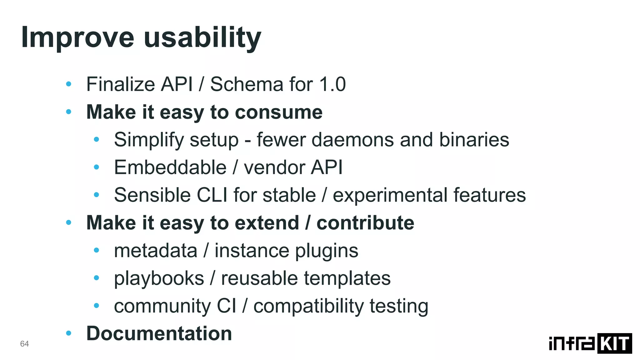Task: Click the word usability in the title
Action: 202,38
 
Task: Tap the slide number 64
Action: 24,344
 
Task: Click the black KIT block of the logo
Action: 614,343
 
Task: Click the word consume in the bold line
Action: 278,112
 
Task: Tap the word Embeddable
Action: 170,167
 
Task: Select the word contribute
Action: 365,223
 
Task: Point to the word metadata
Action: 156,251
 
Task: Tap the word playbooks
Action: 159,278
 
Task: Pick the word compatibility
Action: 308,306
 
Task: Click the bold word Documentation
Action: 159,333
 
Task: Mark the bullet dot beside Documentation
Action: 69,333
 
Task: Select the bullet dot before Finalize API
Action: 69,84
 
